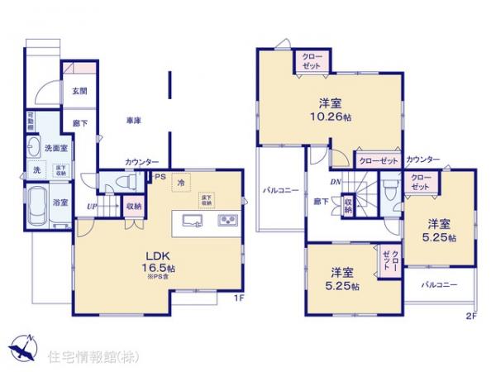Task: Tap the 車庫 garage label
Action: click(134, 121)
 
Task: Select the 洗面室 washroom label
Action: click(56, 148)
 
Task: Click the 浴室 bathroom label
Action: click(61, 201)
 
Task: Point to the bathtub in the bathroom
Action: click(37, 202)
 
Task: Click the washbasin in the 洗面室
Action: click(34, 148)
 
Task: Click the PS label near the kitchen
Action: click(159, 175)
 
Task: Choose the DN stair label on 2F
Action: click(336, 182)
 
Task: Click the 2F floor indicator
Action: click(471, 315)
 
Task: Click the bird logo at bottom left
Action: click(21, 347)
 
